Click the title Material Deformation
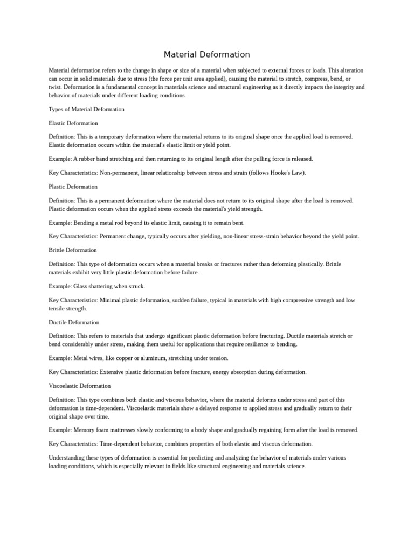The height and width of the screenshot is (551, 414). tap(207, 54)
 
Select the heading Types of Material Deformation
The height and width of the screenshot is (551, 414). tap(86, 109)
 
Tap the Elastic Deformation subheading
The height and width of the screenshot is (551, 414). tap(73, 123)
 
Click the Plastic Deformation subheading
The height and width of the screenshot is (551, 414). tap(73, 187)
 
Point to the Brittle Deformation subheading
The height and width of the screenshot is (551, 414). tap(73, 250)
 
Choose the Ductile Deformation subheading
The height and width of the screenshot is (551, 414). tap(74, 323)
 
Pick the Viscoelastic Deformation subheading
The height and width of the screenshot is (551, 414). tap(80, 386)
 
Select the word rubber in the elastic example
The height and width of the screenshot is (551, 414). tap(86, 159)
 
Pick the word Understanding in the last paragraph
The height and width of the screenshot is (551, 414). tap(66, 458)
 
